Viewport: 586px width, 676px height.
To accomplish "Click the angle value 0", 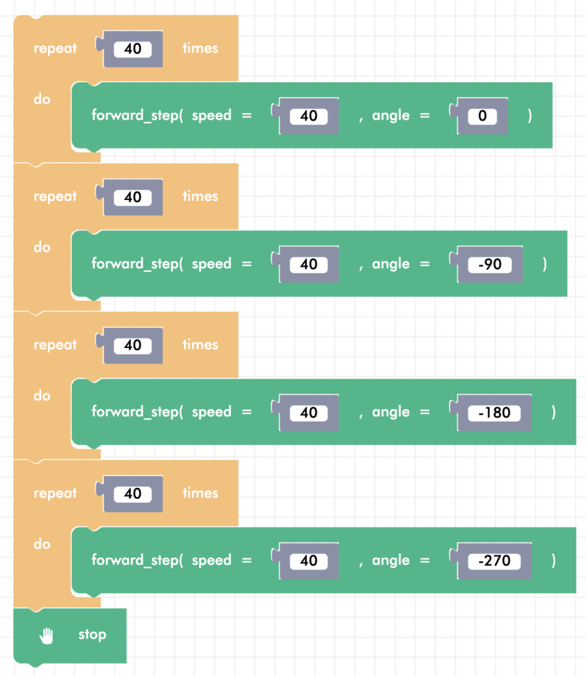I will pyautogui.click(x=482, y=116).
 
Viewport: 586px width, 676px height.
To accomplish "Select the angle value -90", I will pyautogui.click(x=489, y=264).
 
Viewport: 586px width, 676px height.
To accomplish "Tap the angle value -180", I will pyautogui.click(x=494, y=413).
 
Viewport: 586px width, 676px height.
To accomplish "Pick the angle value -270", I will pyautogui.click(x=494, y=561).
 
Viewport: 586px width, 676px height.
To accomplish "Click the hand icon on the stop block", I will pyautogui.click(x=47, y=635).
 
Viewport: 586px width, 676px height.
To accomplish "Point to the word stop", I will pyautogui.click(x=92, y=635).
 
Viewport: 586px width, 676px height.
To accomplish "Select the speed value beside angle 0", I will pyautogui.click(x=308, y=116).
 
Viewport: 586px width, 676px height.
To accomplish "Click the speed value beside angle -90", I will pyautogui.click(x=308, y=264).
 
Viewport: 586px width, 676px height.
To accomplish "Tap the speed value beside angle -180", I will pyautogui.click(x=308, y=413).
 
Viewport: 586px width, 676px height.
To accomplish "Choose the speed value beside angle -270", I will pyautogui.click(x=308, y=561).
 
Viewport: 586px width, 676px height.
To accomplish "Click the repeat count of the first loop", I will pyautogui.click(x=133, y=48).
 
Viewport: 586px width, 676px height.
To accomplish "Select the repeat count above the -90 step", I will pyautogui.click(x=133, y=197).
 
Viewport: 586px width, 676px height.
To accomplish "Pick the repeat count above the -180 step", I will pyautogui.click(x=133, y=345).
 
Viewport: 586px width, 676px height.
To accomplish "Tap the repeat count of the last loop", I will pyautogui.click(x=133, y=494).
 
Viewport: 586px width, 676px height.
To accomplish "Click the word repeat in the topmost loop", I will pyautogui.click(x=55, y=48).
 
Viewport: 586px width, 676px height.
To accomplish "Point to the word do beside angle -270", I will pyautogui.click(x=42, y=545).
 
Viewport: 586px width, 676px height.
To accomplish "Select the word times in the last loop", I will pyautogui.click(x=200, y=493).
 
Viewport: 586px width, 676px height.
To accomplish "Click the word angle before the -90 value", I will pyautogui.click(x=391, y=264).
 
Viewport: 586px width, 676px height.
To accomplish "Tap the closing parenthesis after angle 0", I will pyautogui.click(x=530, y=116).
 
